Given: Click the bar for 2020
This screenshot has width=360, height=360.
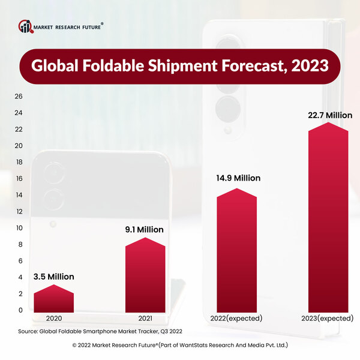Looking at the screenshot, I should [53, 299].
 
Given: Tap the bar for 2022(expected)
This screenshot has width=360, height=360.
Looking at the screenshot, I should [236, 252].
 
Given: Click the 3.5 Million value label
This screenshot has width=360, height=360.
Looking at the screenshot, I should [53, 277].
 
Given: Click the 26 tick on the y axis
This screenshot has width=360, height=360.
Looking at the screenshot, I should [19, 97].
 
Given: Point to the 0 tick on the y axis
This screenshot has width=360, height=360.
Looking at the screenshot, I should [20, 310].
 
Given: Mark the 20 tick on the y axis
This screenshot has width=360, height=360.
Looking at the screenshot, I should [19, 146].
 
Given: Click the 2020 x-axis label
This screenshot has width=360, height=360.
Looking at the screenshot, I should [53, 318].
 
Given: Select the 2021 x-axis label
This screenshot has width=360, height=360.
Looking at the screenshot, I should [145, 318].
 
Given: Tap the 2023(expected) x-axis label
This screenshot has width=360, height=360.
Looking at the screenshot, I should [327, 318].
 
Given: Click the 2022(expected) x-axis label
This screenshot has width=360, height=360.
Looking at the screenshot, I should [236, 318].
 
